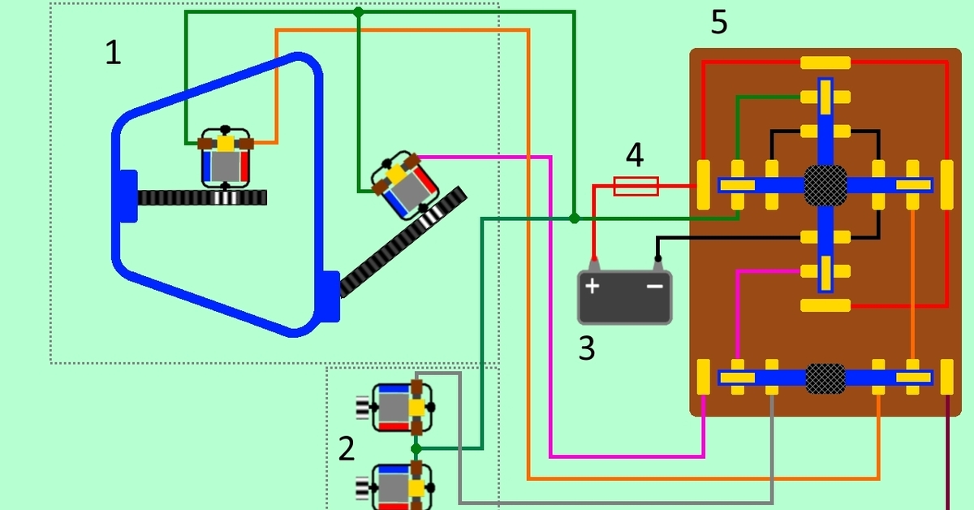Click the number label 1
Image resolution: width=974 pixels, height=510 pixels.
coord(114,54)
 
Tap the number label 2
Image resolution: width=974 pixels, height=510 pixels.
coord(347,448)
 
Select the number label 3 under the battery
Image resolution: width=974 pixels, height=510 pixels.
coord(587,348)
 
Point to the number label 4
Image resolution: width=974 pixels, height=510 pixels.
coord(635,154)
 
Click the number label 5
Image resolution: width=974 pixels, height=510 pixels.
coord(719,23)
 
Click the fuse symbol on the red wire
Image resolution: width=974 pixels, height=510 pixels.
coord(636,186)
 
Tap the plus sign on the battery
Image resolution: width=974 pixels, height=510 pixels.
coord(593,286)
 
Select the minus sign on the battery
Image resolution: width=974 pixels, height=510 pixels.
coord(654,286)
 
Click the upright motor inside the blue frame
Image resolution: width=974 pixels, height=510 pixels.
coord(226,158)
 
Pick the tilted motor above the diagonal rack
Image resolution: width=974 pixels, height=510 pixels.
coord(401,184)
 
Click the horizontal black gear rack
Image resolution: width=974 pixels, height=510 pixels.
coord(202,197)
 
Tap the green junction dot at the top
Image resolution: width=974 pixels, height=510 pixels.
coord(358,12)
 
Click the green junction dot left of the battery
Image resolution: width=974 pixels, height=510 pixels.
coord(574,218)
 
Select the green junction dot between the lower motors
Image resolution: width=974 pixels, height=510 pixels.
coord(416,448)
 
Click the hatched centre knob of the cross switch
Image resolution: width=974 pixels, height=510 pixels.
coord(825,185)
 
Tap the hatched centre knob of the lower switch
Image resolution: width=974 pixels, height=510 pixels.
coord(825,378)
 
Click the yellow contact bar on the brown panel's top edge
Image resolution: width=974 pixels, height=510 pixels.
coord(825,63)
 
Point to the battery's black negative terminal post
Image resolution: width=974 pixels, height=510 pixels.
coord(657,262)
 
